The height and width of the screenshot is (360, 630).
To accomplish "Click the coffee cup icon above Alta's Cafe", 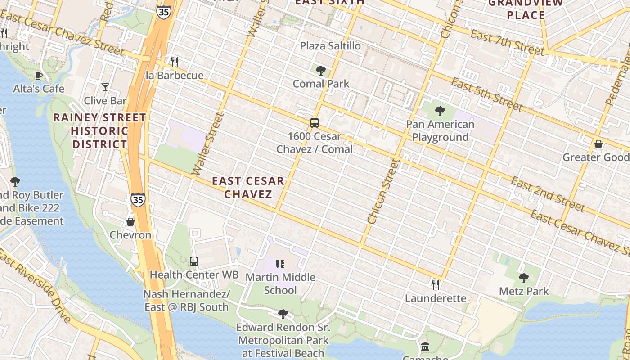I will pyautogui.click(x=39, y=76).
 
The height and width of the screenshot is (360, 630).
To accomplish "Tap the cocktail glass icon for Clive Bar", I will pyautogui.click(x=105, y=87).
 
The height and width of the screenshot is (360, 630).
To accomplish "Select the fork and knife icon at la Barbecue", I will pyautogui.click(x=175, y=62).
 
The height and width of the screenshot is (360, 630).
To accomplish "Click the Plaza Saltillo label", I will pyautogui.click(x=330, y=46).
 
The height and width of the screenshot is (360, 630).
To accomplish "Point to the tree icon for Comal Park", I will pyautogui.click(x=320, y=70).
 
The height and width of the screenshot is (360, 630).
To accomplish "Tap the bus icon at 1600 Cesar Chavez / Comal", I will pyautogui.click(x=315, y=123).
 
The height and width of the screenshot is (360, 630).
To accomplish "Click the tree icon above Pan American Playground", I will pyautogui.click(x=440, y=111).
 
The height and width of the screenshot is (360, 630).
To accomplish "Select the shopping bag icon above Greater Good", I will pyautogui.click(x=598, y=144).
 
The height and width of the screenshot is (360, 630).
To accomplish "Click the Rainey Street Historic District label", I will pyautogui.click(x=99, y=131).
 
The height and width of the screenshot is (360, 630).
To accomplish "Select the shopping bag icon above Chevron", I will pyautogui.click(x=130, y=222).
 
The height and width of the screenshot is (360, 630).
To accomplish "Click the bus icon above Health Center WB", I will pyautogui.click(x=194, y=261).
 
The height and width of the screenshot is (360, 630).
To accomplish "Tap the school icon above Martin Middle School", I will pyautogui.click(x=280, y=264).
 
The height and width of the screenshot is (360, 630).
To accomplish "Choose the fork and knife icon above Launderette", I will pyautogui.click(x=435, y=285).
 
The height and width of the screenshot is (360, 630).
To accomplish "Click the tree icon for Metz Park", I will pyautogui.click(x=523, y=278).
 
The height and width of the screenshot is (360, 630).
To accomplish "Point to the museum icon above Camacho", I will pyautogui.click(x=425, y=347).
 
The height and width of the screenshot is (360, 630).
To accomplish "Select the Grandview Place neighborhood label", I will pyautogui.click(x=526, y=9).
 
